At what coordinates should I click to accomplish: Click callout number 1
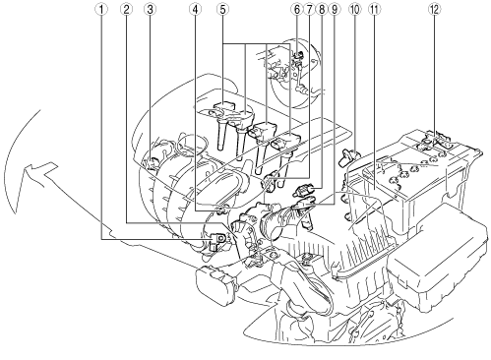click(x=101, y=10)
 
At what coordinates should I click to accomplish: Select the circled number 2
click(x=126, y=10)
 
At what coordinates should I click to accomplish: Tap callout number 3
click(x=151, y=10)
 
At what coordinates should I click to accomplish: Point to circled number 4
click(x=195, y=10)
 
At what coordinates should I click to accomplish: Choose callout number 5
click(x=222, y=10)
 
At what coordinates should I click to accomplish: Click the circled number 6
click(x=297, y=10)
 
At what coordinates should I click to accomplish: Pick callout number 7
click(x=309, y=10)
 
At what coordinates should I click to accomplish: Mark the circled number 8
click(x=322, y=10)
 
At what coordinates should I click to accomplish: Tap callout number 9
click(x=335, y=10)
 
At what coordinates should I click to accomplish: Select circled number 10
click(x=355, y=10)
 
